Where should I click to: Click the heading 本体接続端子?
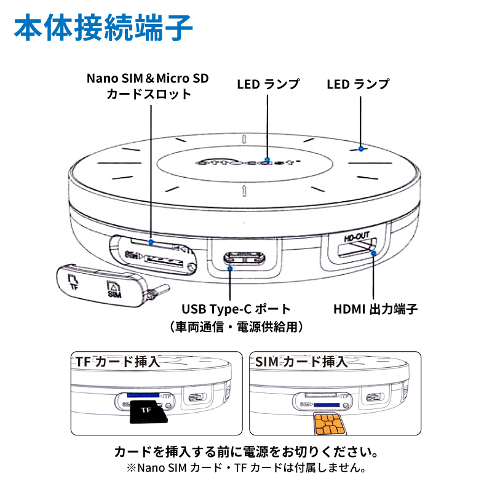click(x=103, y=27)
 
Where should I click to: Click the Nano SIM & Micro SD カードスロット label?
click(x=148, y=87)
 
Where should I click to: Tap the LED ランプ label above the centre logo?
click(x=268, y=84)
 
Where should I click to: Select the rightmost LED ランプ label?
click(x=358, y=84)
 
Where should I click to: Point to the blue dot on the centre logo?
click(x=268, y=161)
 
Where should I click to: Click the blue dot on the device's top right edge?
click(x=362, y=149)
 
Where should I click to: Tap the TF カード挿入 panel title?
click(x=117, y=362)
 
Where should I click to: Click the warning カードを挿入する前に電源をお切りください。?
click(x=246, y=452)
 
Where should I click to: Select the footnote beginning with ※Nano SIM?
click(x=246, y=469)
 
